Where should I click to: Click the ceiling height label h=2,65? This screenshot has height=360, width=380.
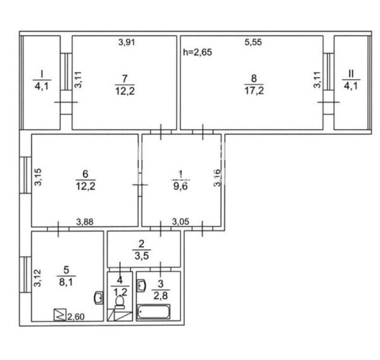coord(198,53)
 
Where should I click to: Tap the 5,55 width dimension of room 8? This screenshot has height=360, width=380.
coord(253,42)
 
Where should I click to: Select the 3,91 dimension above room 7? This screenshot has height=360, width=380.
coord(127,42)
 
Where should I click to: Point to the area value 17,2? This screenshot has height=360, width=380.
coord(254,90)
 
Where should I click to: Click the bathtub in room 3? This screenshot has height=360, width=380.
coord(153,312)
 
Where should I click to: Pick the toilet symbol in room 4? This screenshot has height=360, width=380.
coord(120,302)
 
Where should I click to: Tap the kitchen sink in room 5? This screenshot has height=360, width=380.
coord(98,298)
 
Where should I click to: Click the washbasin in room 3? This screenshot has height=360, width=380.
coord(141,286)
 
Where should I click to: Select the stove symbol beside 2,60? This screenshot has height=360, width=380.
coord(60,314)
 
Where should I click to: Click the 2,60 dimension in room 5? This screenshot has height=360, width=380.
coord(76,317)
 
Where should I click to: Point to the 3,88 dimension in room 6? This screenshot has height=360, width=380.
coord(85,222)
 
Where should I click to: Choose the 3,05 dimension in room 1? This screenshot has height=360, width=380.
coord(180,221)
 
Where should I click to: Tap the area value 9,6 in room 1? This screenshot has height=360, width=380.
coord(180,187)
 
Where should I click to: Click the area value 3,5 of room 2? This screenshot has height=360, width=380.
coord(142,256)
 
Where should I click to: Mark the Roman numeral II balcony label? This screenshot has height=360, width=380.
coord(351,73)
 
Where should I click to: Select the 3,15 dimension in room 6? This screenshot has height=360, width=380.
coord(38,177)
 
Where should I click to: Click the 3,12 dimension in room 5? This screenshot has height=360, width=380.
coord(37,278)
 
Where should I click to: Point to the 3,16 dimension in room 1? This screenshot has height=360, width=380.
coord(217,178)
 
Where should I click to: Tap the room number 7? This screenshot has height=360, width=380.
coord(125,78)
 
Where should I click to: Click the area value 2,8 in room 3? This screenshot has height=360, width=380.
coord(161,295)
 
